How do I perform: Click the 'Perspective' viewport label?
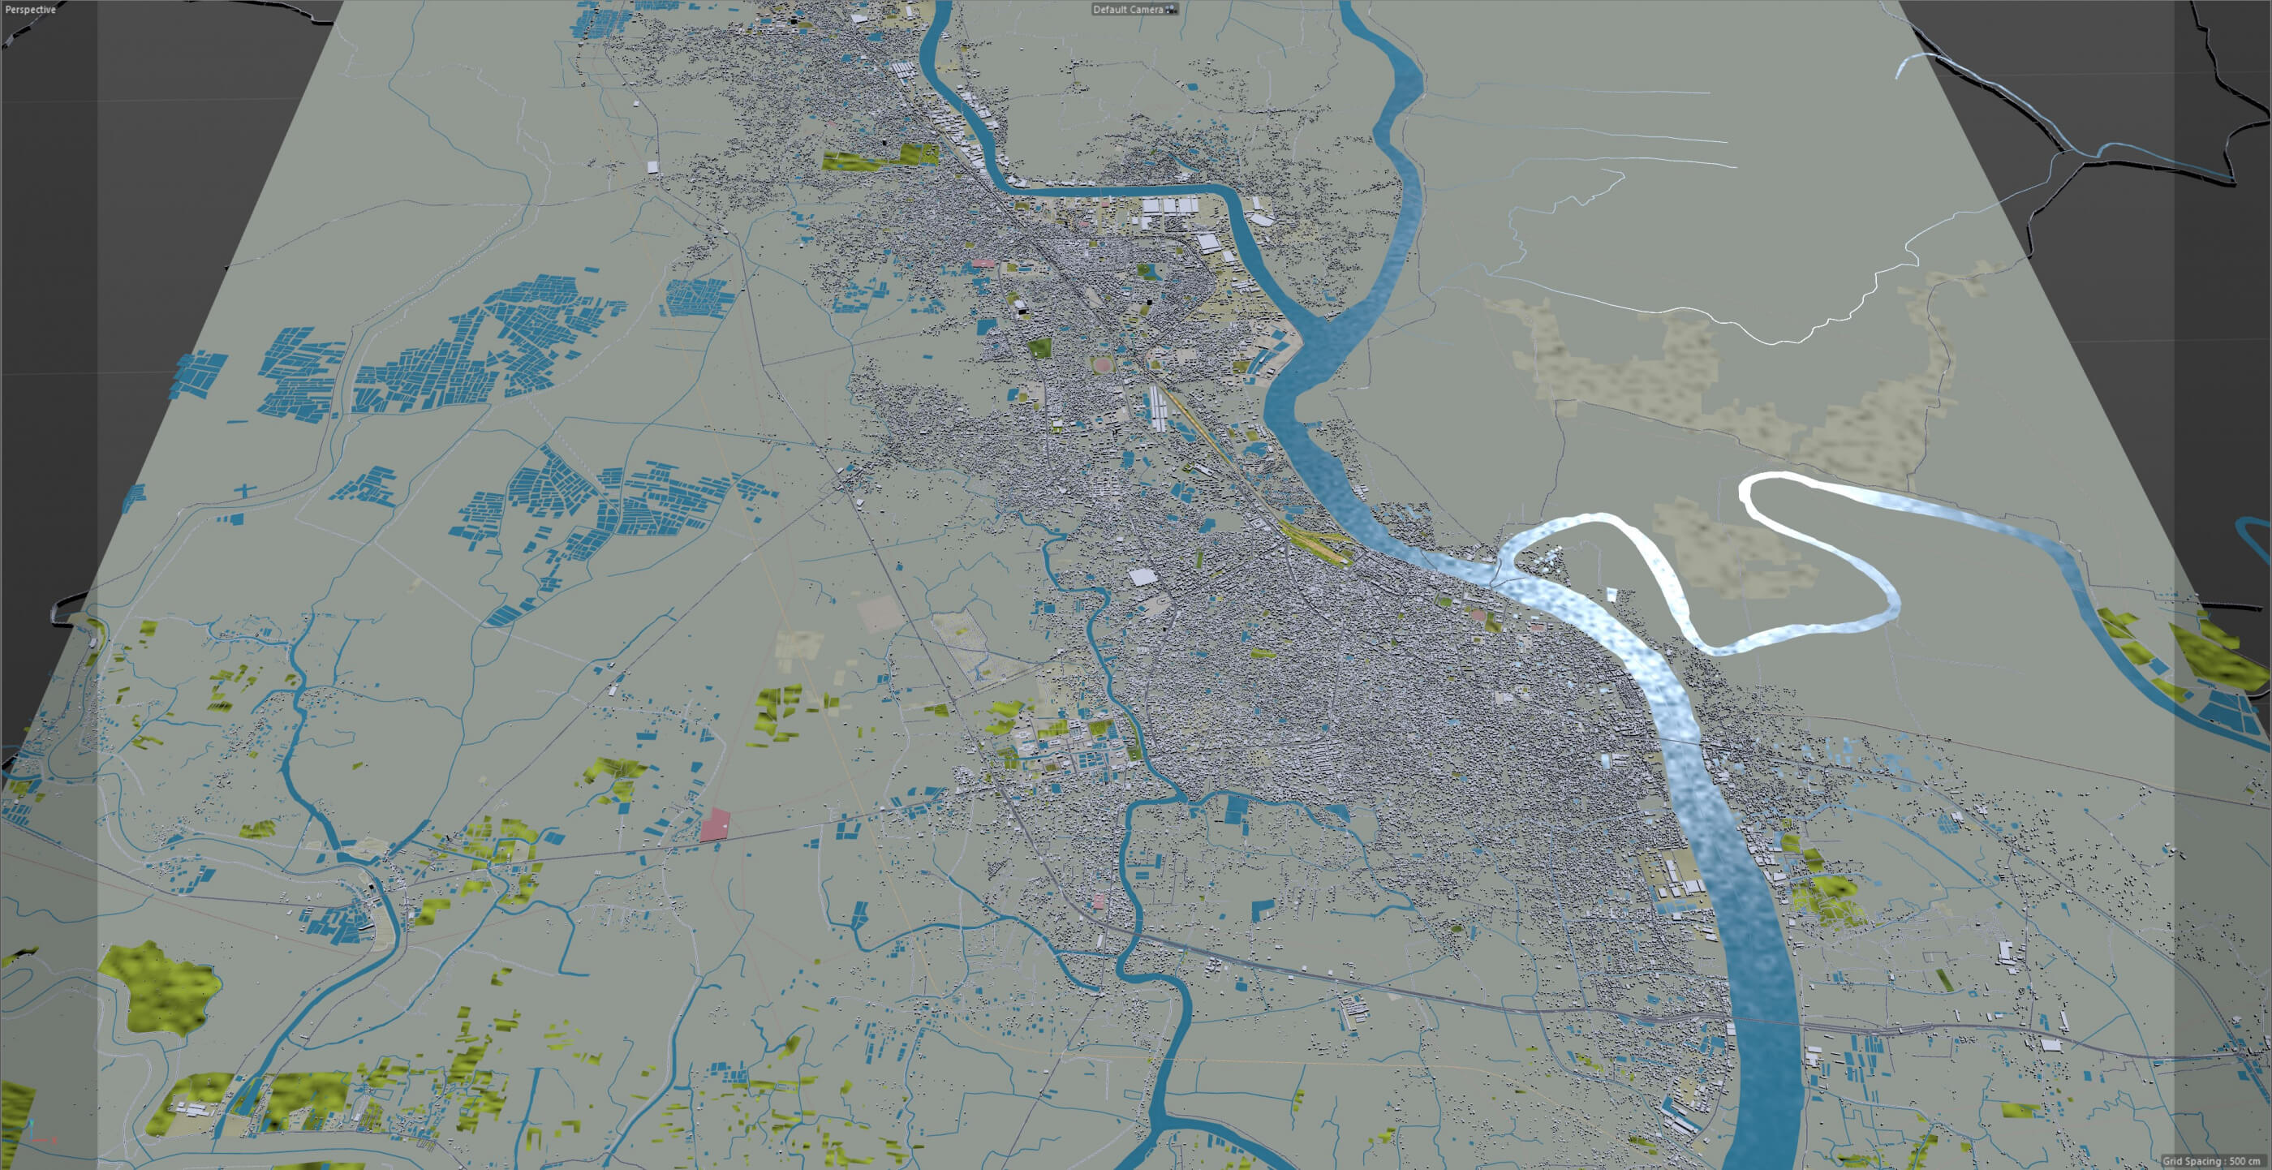(30, 10)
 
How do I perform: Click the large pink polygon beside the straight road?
(714, 824)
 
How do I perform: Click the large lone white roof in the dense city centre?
(1142, 577)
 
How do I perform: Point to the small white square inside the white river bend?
(1612, 594)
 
